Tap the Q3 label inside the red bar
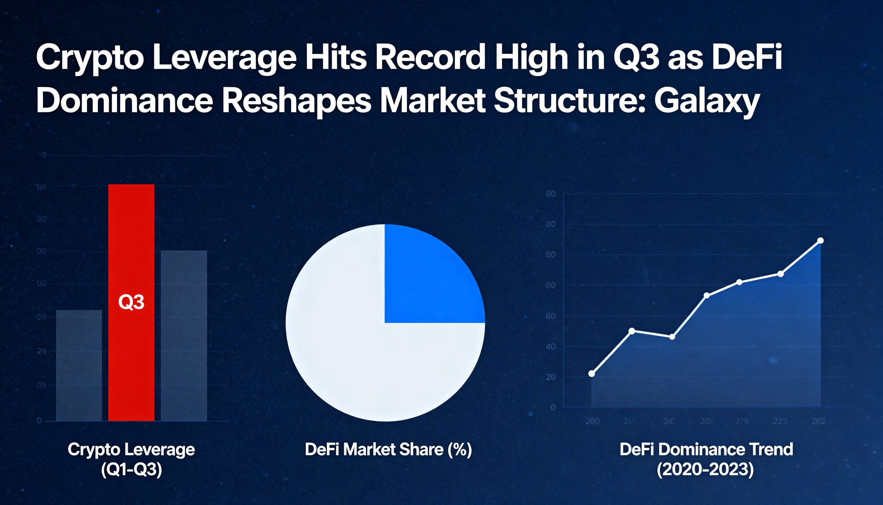tap(131, 302)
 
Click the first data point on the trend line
tap(592, 373)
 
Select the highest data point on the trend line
tap(820, 241)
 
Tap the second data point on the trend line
tap(632, 331)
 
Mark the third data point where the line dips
tap(672, 337)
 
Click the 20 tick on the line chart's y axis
tap(550, 377)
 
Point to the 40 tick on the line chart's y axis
tap(550, 347)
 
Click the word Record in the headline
tap(429, 57)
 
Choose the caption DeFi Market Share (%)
tap(388, 449)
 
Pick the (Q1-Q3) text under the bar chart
tap(131, 470)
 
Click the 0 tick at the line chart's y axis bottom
tap(553, 407)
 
